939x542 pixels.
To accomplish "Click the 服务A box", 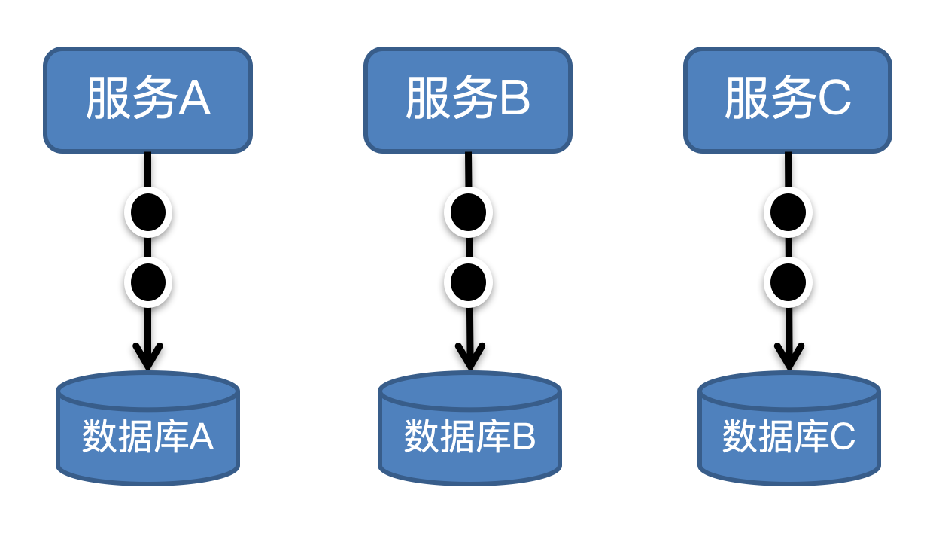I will [x=147, y=100].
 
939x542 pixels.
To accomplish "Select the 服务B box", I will [x=468, y=100].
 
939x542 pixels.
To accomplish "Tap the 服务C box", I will [x=788, y=100].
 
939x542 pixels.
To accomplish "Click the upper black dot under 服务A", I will [x=148, y=212].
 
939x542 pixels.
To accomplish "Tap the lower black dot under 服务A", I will [x=148, y=282].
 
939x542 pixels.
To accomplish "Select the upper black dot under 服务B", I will [x=468, y=212].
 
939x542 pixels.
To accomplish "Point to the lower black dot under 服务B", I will [x=468, y=282].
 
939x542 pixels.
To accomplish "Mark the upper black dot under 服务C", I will [x=788, y=212].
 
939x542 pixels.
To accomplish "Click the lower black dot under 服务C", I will [x=788, y=282].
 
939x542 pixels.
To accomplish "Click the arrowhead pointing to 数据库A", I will [x=147, y=357].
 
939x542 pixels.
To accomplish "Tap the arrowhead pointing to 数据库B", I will [x=469, y=357].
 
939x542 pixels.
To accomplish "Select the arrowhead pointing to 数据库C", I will [x=789, y=357].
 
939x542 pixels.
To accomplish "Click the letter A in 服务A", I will [x=194, y=99].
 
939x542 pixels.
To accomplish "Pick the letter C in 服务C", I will [x=834, y=99].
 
